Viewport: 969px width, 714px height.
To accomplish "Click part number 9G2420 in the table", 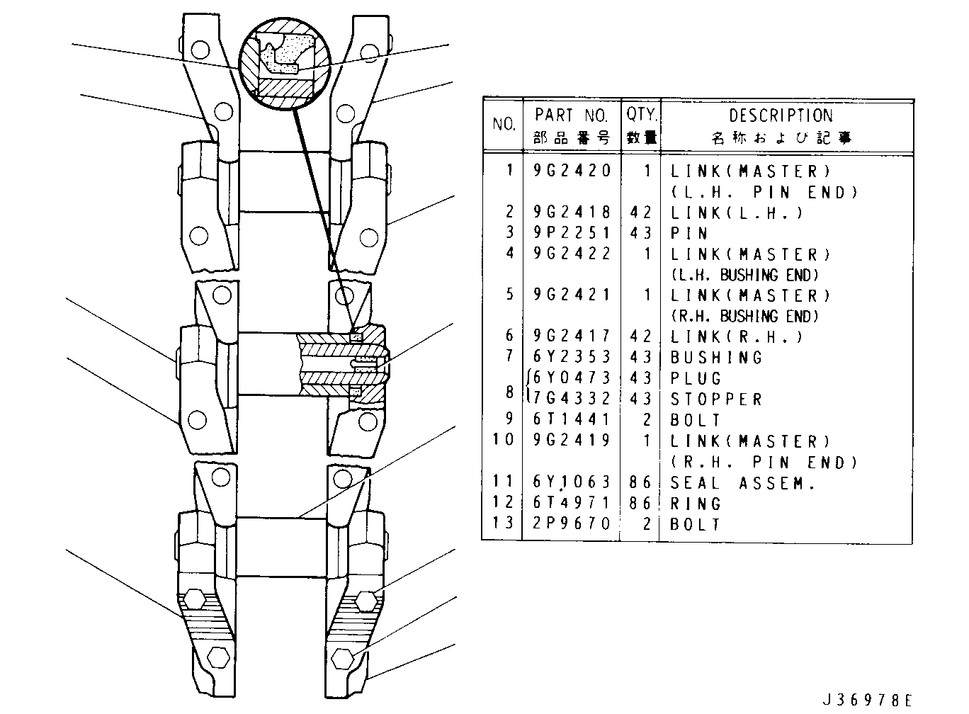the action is pyautogui.click(x=572, y=171).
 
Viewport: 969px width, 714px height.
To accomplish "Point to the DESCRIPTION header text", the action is pyautogui.click(x=781, y=115).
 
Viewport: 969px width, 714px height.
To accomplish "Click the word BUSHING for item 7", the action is pyautogui.click(x=716, y=358).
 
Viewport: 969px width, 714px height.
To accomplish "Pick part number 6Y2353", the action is pyautogui.click(x=572, y=356).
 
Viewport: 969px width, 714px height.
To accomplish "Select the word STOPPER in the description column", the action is pyautogui.click(x=716, y=399).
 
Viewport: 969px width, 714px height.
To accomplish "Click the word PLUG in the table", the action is pyautogui.click(x=696, y=378).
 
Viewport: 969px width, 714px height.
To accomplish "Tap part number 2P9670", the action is pyautogui.click(x=572, y=523).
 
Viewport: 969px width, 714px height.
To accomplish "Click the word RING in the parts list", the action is pyautogui.click(x=696, y=504).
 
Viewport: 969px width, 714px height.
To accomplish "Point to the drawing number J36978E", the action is pyautogui.click(x=867, y=700).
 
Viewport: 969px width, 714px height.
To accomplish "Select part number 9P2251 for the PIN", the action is pyautogui.click(x=572, y=232).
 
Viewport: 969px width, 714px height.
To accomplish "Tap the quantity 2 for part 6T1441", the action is pyautogui.click(x=647, y=419).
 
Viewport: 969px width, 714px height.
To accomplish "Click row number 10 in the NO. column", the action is pyautogui.click(x=503, y=440).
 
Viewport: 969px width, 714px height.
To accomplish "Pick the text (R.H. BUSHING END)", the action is pyautogui.click(x=744, y=316).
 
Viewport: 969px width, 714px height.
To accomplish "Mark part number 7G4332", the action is pyautogui.click(x=572, y=398).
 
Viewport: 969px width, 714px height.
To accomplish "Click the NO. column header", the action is pyautogui.click(x=504, y=124).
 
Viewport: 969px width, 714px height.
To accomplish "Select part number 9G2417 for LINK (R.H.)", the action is pyautogui.click(x=572, y=336).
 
